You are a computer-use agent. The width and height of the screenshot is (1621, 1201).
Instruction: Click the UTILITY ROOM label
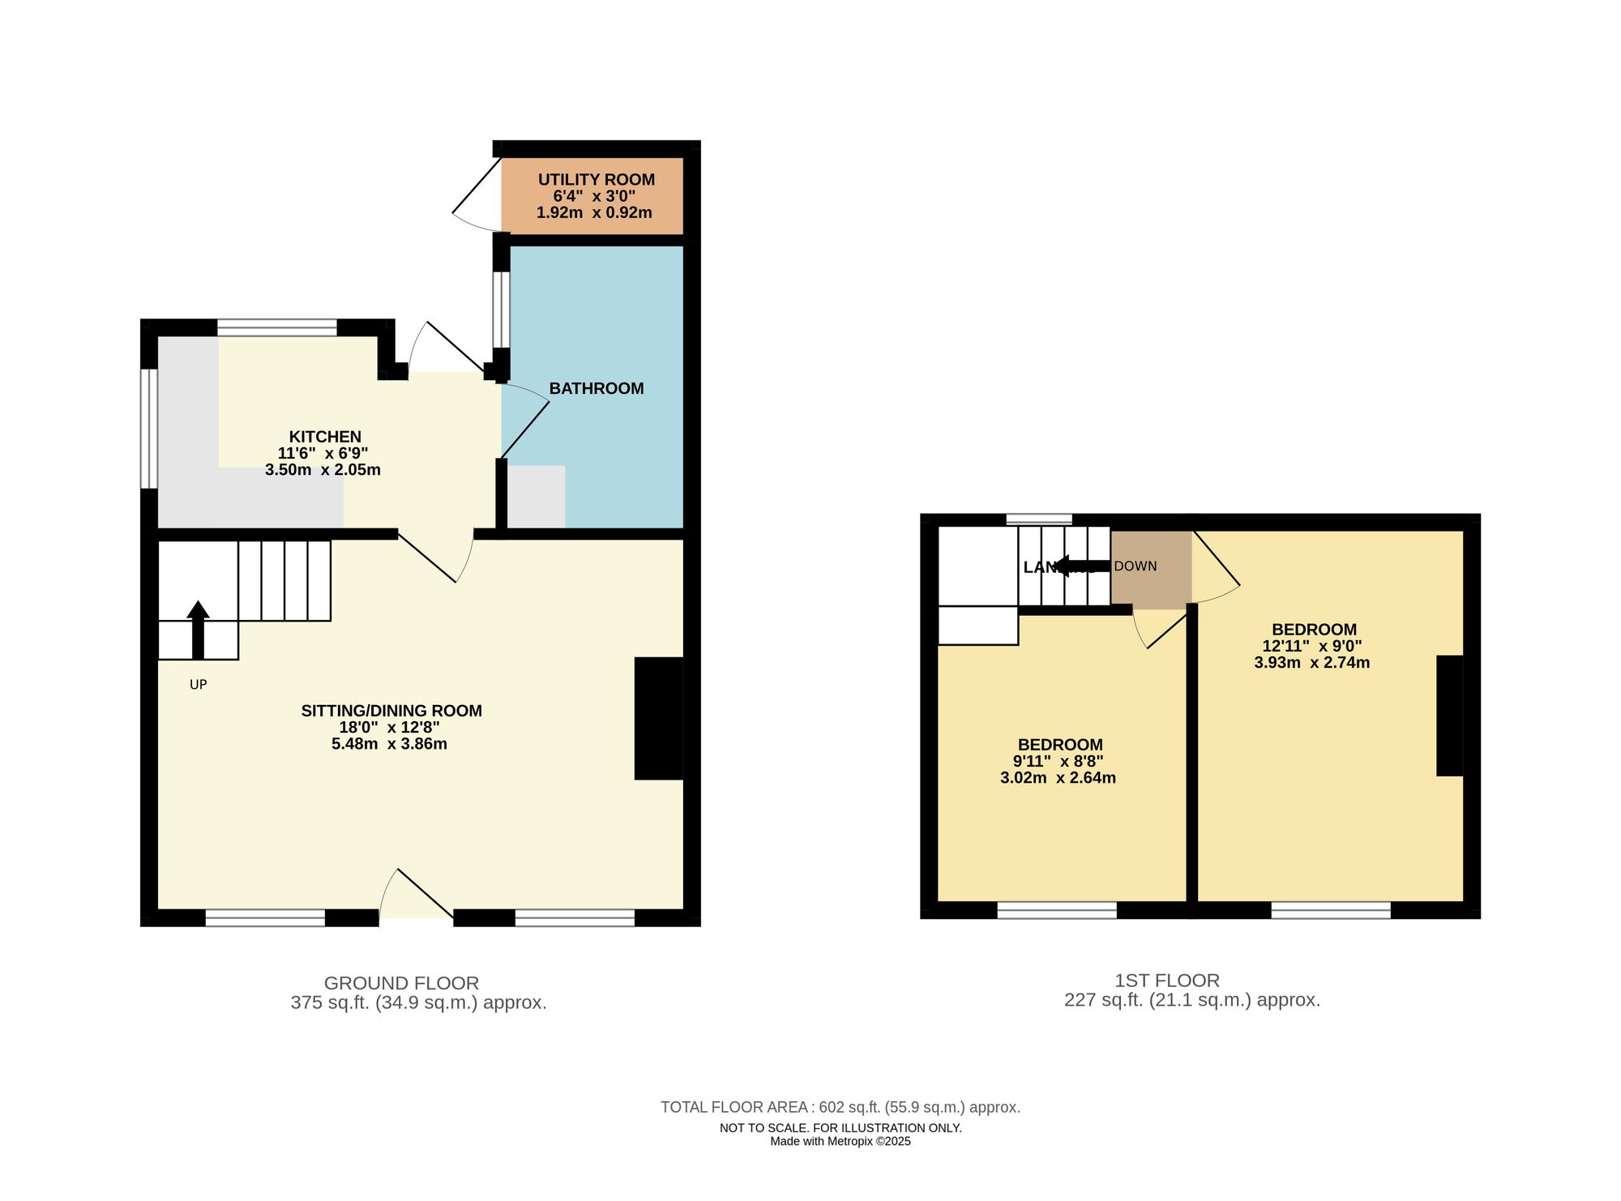(x=596, y=179)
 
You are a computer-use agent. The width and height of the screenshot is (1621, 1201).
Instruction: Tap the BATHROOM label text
(x=596, y=388)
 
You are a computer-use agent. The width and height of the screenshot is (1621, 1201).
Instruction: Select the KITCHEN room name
(x=324, y=437)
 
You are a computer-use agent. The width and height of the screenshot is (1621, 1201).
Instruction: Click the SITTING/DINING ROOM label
(x=391, y=711)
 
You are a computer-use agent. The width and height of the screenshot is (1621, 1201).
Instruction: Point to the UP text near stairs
(x=198, y=685)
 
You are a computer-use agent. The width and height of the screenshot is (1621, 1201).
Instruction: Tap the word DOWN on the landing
(x=1135, y=566)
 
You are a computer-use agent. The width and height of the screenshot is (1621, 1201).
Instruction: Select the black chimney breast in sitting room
(x=658, y=718)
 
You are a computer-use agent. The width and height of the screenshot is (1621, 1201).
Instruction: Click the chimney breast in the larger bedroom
(x=1449, y=716)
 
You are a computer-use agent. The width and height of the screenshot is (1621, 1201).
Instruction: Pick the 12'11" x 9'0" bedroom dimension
(x=1311, y=646)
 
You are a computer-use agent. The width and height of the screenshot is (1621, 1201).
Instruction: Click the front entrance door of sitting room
(x=416, y=895)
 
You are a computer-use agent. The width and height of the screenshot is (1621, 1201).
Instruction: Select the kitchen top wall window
(x=277, y=327)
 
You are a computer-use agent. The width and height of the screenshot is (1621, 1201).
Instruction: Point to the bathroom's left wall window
(x=502, y=310)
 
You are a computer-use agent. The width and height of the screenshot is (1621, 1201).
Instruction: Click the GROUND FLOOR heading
(x=401, y=983)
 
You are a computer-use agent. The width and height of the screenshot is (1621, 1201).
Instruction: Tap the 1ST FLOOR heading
(x=1166, y=981)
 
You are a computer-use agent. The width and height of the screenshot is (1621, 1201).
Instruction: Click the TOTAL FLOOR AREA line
(x=840, y=1107)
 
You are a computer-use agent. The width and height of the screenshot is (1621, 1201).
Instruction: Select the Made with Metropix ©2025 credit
(x=840, y=1141)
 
